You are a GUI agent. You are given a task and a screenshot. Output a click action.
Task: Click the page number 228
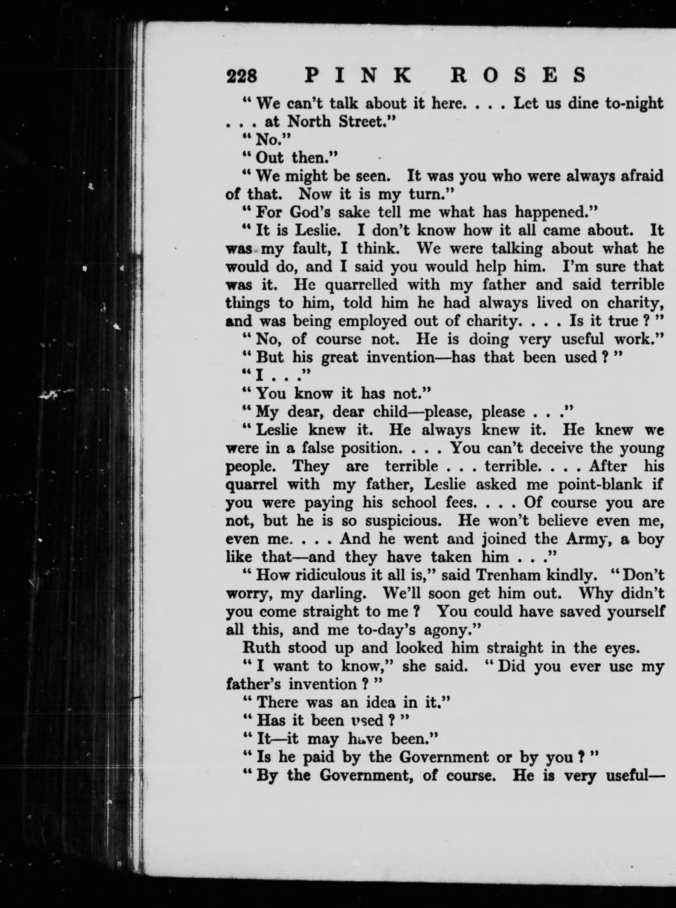click(242, 76)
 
